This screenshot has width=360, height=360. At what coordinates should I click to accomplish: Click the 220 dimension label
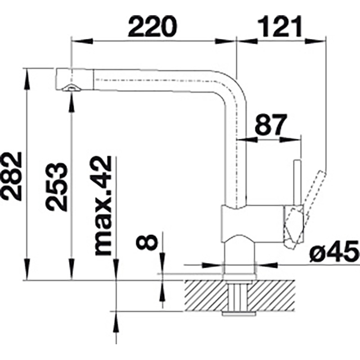pos(153,26)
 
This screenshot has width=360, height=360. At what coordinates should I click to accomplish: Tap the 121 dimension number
pos(279,26)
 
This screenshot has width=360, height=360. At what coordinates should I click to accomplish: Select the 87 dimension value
pos(271,125)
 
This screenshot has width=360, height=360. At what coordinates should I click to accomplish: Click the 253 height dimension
pos(57,187)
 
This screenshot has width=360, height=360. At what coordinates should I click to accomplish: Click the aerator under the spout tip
pos(72,88)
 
